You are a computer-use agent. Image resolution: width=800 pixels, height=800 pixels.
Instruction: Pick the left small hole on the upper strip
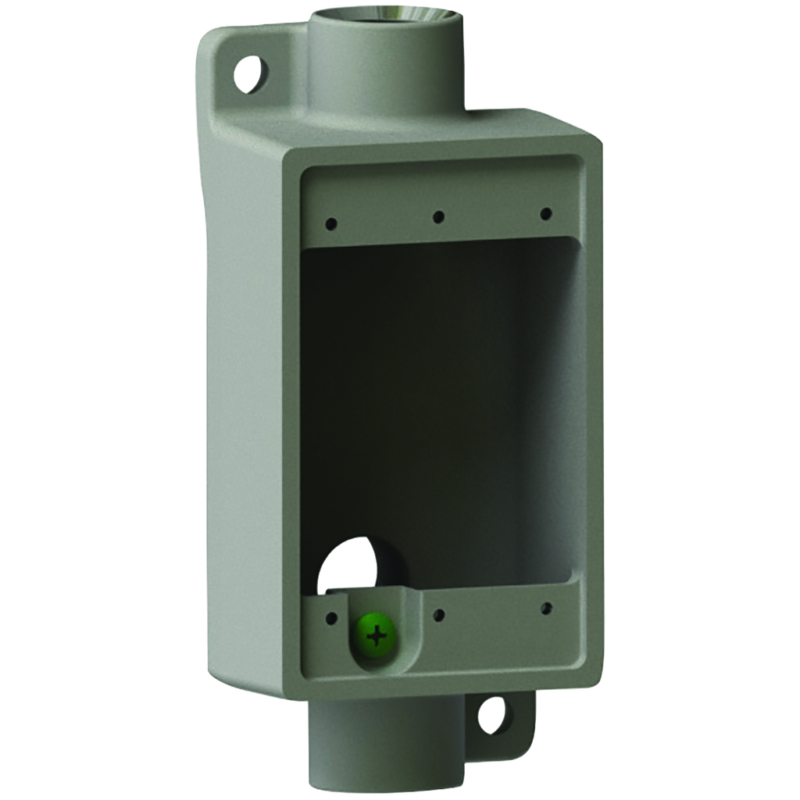click(331, 223)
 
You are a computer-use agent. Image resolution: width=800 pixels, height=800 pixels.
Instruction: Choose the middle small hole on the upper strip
click(438, 216)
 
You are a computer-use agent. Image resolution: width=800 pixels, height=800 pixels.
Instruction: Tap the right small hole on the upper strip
click(545, 213)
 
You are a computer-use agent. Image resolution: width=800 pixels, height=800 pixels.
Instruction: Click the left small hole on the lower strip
click(331, 618)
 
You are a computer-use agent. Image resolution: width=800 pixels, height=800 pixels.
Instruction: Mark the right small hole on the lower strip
click(545, 608)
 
